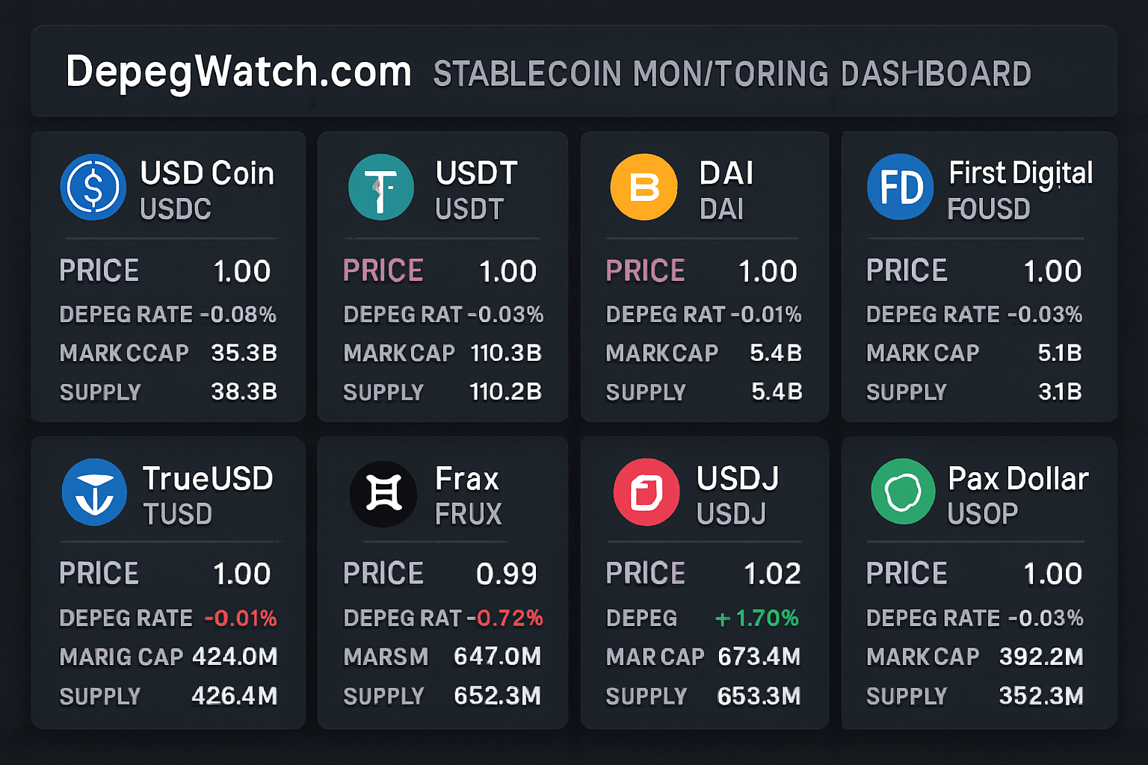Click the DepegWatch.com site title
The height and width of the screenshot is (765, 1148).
pyautogui.click(x=238, y=72)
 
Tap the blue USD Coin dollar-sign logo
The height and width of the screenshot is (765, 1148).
pyautogui.click(x=93, y=188)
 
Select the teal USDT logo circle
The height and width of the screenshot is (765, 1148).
pyautogui.click(x=381, y=188)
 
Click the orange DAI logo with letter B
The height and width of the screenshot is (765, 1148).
pyautogui.click(x=644, y=188)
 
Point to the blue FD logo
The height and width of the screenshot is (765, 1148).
pyautogui.click(x=901, y=188)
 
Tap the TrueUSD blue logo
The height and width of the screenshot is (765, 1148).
pyautogui.click(x=94, y=492)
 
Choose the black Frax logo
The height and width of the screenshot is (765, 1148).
pyautogui.click(x=383, y=494)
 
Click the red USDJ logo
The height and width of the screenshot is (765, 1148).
pyautogui.click(x=646, y=492)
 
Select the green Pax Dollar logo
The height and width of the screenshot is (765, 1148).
pyautogui.click(x=903, y=492)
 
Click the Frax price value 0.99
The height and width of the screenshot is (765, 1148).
pyautogui.click(x=506, y=574)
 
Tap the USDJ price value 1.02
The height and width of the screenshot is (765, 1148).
pyautogui.click(x=772, y=574)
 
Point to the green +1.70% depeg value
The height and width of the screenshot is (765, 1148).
pyautogui.click(x=756, y=619)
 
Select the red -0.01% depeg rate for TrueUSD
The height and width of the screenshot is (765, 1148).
pyautogui.click(x=240, y=619)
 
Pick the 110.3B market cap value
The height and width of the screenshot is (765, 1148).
pyautogui.click(x=506, y=353)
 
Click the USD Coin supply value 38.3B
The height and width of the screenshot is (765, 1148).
pyautogui.click(x=244, y=391)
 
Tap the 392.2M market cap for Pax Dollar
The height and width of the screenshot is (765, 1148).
pyautogui.click(x=1041, y=657)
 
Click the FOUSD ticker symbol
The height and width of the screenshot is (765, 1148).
pyautogui.click(x=988, y=210)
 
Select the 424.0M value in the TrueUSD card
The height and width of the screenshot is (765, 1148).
pyautogui.click(x=235, y=657)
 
